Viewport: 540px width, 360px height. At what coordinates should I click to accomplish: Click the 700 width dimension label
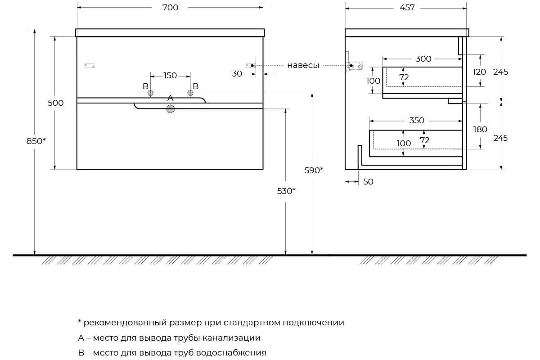pos(170,8)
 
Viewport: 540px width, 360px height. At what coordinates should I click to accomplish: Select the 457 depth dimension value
pos(407,8)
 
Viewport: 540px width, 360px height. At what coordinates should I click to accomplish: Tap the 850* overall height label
pos(36,141)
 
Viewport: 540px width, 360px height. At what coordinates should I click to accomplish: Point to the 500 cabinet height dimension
pos(55,103)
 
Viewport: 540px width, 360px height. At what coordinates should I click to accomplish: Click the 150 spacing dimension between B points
pos(170,76)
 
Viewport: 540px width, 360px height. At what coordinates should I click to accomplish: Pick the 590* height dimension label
pos(314,171)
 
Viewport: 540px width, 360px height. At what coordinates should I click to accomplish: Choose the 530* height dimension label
pos(286,191)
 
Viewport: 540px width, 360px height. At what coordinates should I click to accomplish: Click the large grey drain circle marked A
pos(170,109)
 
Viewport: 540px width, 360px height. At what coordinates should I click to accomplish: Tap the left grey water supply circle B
pos(150,93)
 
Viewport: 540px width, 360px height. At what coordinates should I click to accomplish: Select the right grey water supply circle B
pos(190,93)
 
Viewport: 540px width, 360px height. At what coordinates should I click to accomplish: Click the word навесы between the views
pos(303,65)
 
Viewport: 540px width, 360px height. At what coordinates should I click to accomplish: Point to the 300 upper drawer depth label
pos(423,59)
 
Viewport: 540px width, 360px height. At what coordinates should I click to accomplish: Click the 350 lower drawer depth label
pos(417,121)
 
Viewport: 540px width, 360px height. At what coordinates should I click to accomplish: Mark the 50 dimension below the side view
pos(368,182)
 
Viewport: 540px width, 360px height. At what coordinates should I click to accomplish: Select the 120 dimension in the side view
pos(479,72)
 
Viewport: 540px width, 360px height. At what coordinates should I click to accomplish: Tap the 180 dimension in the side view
pos(480,130)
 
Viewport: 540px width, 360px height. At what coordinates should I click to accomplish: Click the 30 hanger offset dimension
pos(237,74)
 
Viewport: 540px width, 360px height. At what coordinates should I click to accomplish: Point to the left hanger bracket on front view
pos(90,66)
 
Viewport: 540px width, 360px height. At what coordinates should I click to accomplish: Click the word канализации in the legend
pos(231,338)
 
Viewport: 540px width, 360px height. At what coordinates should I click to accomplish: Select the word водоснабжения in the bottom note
pos(231,353)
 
